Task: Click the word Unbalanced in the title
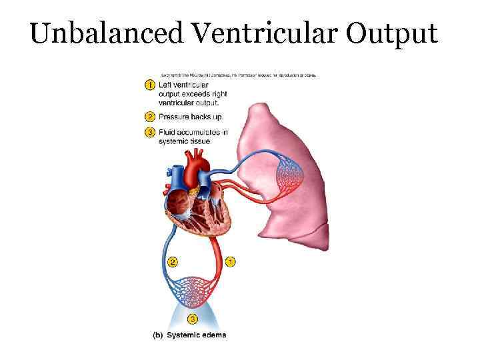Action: click(89, 34)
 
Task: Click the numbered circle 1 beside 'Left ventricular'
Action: click(150, 85)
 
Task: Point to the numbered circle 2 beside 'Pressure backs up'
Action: click(150, 117)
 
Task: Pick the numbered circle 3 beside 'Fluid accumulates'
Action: click(150, 132)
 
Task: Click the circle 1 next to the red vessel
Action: click(230, 262)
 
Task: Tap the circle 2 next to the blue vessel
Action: click(173, 262)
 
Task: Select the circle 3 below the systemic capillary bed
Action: click(193, 319)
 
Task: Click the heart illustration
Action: click(197, 200)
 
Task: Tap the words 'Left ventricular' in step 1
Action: click(183, 85)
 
